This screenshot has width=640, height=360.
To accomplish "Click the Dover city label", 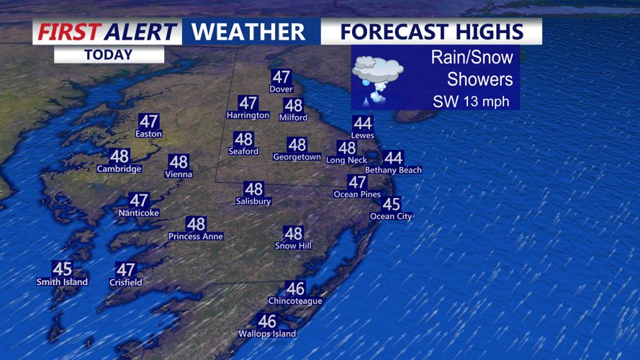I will [281, 89].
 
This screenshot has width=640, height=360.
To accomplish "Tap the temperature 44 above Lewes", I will [363, 124].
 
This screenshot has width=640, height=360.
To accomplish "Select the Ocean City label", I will [391, 216].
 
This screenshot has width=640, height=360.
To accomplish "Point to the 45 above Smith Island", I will [63, 269].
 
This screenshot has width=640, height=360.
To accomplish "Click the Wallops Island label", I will [267, 333].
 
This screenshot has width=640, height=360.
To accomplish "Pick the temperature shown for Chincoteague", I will [295, 289].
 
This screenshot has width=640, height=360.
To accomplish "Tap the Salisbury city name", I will [253, 202].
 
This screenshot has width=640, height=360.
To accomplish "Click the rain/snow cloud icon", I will [377, 76].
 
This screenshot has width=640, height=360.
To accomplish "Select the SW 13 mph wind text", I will [471, 102].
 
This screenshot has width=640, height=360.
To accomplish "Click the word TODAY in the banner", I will [109, 55].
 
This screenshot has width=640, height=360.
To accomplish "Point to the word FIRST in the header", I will [68, 32].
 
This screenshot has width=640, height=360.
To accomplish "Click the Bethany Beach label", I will [393, 170].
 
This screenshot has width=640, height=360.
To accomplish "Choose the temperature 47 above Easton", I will [149, 122].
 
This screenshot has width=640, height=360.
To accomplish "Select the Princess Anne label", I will [196, 236].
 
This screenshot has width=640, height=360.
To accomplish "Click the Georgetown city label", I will [297, 157].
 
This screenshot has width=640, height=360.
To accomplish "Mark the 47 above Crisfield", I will [125, 270].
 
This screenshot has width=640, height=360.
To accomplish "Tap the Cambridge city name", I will [120, 169].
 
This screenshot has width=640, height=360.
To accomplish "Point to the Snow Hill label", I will [293, 246].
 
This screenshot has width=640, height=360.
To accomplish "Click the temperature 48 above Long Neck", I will [347, 148].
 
